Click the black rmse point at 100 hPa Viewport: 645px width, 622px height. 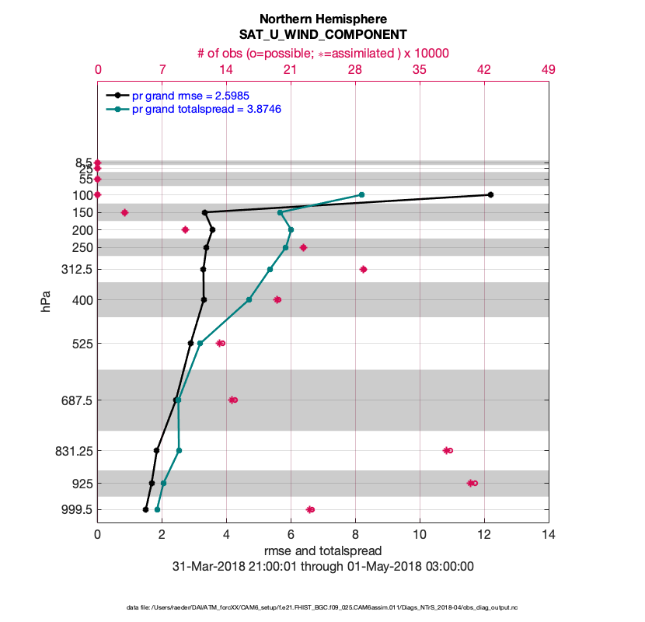pos(490,194)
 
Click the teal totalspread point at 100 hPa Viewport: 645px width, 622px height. pos(361,194)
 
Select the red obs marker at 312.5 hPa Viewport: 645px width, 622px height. pos(363,269)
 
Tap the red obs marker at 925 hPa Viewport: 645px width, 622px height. pos(472,483)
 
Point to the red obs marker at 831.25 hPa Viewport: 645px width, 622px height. pos(448,450)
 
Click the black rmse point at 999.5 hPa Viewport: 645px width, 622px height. pos(145,509)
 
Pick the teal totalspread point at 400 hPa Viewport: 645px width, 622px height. pos(249,299)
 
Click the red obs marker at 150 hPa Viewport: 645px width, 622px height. pos(124,212)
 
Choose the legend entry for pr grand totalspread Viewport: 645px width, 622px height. pos(206,110)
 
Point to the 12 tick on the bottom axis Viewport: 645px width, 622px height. pos(484,535)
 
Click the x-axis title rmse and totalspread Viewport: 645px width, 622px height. pos(322,551)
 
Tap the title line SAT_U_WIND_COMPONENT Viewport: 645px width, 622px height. pos(322,35)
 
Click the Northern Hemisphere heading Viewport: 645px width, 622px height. pos(322,19)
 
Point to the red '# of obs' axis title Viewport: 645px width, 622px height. pos(322,53)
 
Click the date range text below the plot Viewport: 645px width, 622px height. pos(322,567)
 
